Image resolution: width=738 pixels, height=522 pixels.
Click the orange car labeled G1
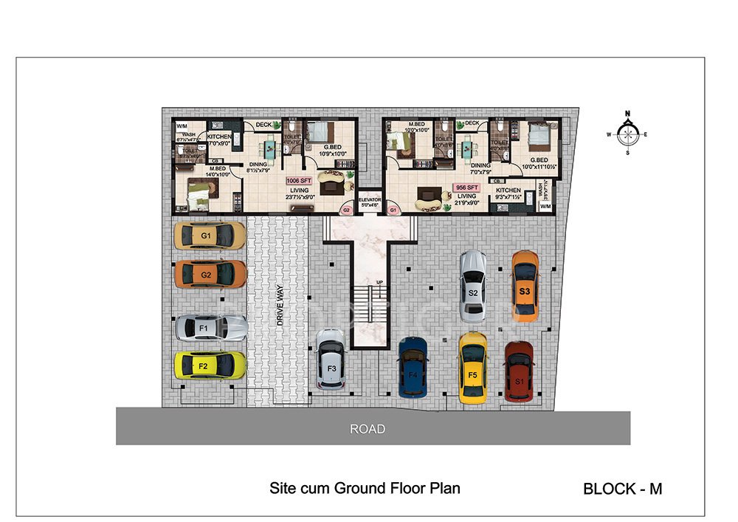(209, 236)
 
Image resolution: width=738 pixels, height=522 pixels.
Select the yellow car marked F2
(209, 365)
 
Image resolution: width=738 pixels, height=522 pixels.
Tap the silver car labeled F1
(210, 327)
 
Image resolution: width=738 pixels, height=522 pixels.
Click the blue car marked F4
(413, 369)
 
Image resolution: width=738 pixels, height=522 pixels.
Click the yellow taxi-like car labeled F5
(473, 367)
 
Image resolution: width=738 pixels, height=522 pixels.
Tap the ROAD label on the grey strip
(368, 428)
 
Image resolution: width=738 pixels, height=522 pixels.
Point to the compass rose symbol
(627, 134)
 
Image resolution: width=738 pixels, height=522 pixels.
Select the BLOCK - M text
(622, 488)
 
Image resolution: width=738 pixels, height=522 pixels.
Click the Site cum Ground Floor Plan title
(365, 488)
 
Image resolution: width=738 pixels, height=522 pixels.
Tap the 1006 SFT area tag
(299, 179)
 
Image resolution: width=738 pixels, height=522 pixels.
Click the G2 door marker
(345, 210)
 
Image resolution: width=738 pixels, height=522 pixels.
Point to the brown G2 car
(209, 274)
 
